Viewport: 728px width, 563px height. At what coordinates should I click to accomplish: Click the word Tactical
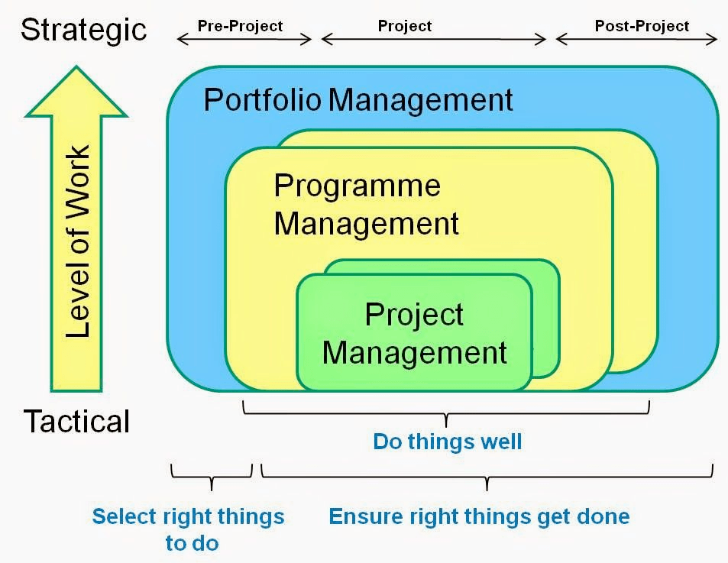(x=76, y=421)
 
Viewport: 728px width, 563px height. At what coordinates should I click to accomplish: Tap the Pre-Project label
(x=240, y=26)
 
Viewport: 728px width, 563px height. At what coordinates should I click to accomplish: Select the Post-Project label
(x=642, y=26)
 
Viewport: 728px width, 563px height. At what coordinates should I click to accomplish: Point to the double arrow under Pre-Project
(x=244, y=38)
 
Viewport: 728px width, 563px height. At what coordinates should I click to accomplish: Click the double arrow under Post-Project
(x=636, y=38)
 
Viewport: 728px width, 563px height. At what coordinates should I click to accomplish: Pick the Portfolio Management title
(x=358, y=100)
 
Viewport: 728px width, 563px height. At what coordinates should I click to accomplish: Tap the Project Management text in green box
(x=415, y=334)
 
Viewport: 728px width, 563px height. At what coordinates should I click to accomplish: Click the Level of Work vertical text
(x=77, y=241)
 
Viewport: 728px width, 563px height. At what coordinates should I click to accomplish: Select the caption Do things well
(x=447, y=442)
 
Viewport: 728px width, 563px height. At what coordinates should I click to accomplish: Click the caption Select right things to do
(x=189, y=529)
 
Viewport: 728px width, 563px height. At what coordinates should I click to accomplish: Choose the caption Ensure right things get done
(x=479, y=516)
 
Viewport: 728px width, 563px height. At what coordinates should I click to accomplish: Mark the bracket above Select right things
(x=212, y=478)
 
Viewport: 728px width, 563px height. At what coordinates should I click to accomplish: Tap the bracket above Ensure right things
(x=487, y=478)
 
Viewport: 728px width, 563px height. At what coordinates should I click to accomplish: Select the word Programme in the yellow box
(x=358, y=186)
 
